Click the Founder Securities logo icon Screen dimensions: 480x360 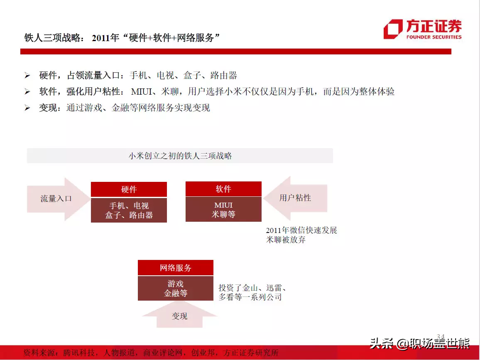point(393,29)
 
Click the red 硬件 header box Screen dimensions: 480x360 point(129,189)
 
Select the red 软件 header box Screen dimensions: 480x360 point(223,189)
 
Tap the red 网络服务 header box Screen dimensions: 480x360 point(175,267)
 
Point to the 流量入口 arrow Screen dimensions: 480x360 point(58,199)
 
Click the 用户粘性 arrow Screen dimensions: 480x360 point(295,198)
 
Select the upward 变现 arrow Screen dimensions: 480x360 point(179,314)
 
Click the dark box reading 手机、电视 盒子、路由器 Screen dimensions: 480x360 point(129,210)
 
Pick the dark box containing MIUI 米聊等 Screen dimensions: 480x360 point(223,209)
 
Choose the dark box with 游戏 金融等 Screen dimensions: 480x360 point(175,288)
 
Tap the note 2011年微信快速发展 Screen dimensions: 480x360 point(301,230)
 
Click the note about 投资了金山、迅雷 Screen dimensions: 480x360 point(252,292)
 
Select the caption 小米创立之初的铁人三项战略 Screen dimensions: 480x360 point(180,156)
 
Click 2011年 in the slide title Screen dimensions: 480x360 point(105,38)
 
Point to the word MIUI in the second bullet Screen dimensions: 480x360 point(142,91)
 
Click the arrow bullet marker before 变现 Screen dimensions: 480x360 point(27,108)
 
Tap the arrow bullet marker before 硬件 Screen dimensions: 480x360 point(27,75)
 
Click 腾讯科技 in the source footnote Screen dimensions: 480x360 point(79,353)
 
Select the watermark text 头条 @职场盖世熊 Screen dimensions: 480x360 point(419,343)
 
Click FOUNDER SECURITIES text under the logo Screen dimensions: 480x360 point(434,37)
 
